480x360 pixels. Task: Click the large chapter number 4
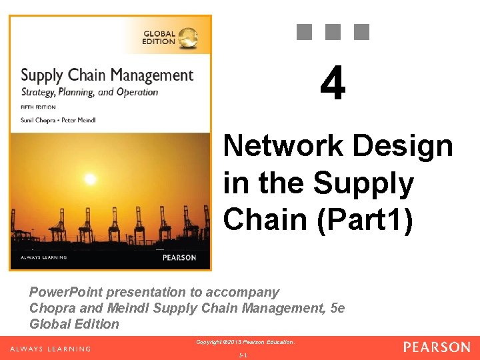333,85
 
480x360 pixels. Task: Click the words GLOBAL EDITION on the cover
159,37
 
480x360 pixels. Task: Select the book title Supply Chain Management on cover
107,75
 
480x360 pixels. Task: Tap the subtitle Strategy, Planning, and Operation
89,93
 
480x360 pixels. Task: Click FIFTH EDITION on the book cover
39,107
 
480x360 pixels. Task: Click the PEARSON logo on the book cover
179,257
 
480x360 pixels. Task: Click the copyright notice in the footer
245,342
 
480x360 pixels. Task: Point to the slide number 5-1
243,355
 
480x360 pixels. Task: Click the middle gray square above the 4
333,31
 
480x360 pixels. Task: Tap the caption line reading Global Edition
74,324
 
